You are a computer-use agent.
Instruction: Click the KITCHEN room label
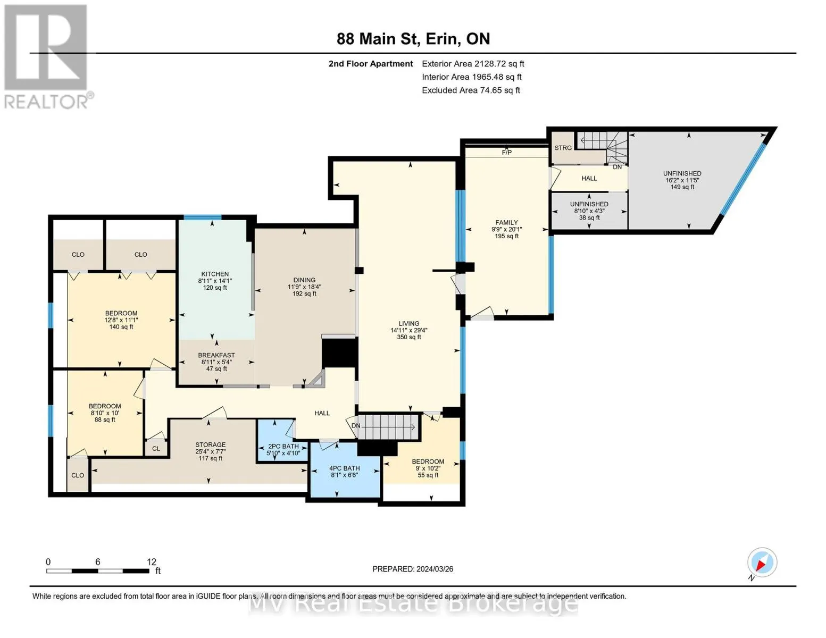pos(215,274)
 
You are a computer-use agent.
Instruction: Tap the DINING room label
pos(304,280)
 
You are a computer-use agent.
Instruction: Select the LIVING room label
pos(409,323)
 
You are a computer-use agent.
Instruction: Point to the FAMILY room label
pos(506,222)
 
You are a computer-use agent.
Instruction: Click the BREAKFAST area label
pos(216,355)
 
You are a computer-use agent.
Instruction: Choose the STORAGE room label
pos(210,444)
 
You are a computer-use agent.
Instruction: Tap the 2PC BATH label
pos(283,446)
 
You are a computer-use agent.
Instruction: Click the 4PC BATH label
pos(345,468)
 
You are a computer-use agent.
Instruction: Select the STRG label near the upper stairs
pos(563,148)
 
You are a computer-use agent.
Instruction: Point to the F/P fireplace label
pos(507,153)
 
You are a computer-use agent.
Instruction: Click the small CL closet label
pos(156,448)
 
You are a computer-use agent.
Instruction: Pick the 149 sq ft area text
pos(682,187)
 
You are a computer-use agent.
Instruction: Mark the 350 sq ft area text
pos(409,337)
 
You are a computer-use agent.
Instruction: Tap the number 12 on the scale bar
pos(151,561)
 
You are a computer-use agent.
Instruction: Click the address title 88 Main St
pos(377,39)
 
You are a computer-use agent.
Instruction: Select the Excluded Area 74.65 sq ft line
pos(471,90)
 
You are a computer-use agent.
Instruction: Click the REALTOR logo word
pos(46,102)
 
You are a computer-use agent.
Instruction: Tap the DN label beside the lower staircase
pos(356,425)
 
